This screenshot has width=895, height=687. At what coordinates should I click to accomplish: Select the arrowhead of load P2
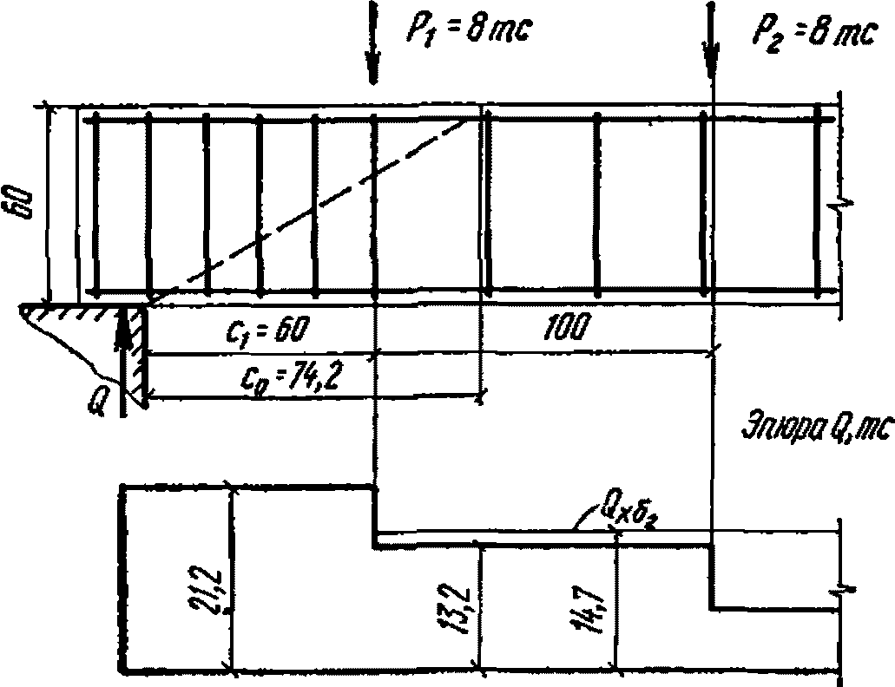point(711,69)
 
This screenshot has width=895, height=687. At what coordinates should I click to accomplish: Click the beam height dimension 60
point(23,202)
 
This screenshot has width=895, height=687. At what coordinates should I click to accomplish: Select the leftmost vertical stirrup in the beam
point(95,204)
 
